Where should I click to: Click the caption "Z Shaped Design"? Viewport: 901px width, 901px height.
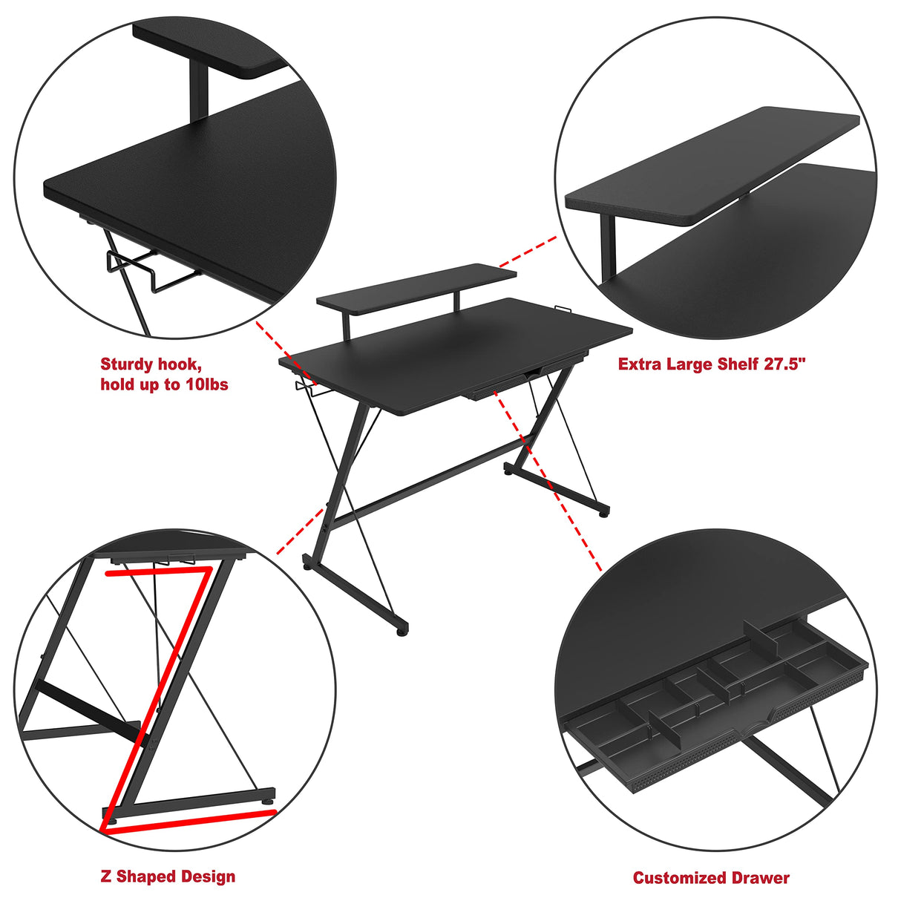[168, 877]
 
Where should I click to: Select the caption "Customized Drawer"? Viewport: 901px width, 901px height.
[710, 878]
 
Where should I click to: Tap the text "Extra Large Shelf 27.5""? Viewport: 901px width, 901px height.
[711, 364]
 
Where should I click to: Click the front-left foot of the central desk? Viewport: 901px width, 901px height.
[402, 629]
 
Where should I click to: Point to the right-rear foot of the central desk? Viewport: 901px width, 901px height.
[604, 511]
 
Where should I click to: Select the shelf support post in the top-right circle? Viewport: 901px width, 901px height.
[608, 245]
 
